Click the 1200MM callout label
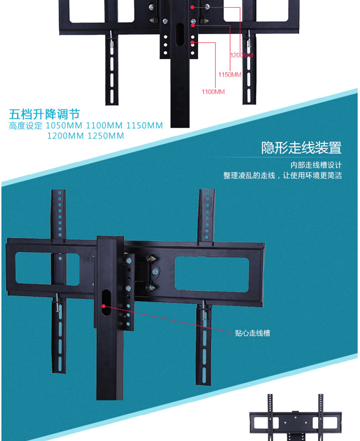242,55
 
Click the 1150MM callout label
230,74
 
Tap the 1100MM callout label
213,92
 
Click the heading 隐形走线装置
301,148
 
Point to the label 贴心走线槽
252,333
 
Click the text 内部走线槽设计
316,165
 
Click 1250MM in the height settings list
105,135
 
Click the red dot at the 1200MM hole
193,7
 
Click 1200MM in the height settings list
66,135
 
